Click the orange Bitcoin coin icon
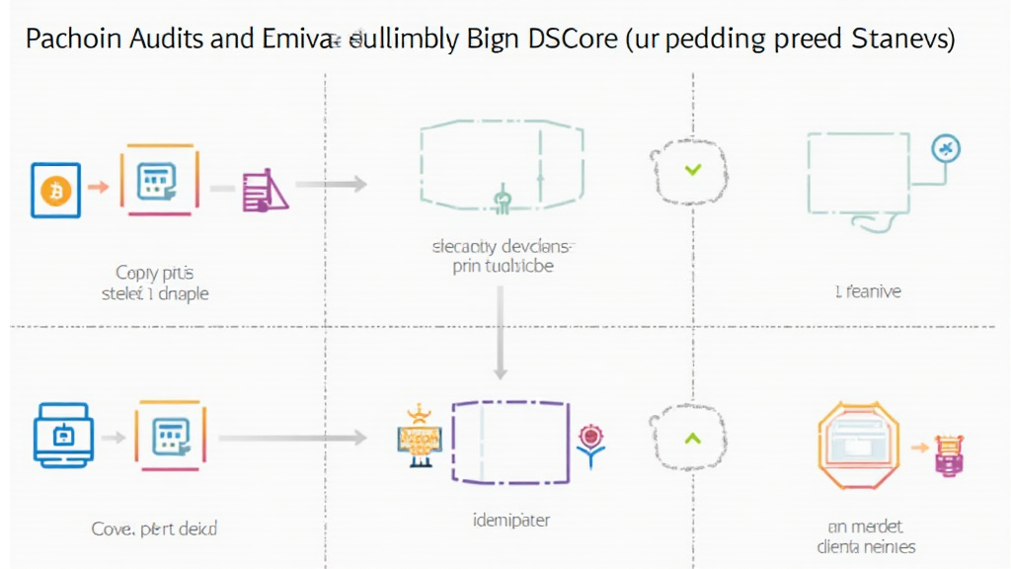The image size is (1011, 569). point(55,189)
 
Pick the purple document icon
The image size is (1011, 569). point(263,190)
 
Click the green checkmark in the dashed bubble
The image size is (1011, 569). point(692,170)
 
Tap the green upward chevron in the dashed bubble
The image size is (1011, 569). point(692,437)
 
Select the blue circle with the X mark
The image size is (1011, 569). point(947,149)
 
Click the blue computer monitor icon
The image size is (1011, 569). point(64,436)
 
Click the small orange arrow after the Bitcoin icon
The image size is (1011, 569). point(98,185)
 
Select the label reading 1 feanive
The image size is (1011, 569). point(867,291)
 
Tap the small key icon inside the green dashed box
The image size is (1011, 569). point(501,201)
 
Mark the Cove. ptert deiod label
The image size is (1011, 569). point(154,528)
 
